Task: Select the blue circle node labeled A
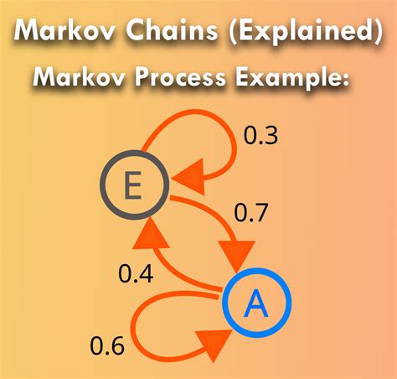pos(255,306)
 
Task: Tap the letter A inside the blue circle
pos(255,306)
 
